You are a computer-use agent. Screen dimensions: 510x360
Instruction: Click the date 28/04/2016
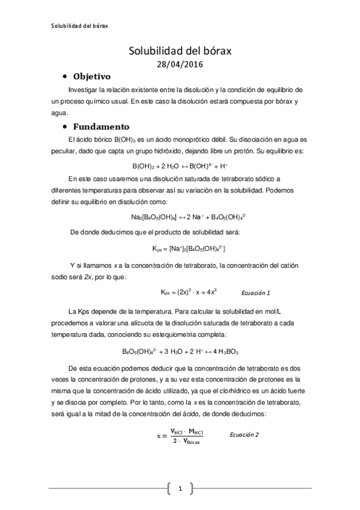(180, 64)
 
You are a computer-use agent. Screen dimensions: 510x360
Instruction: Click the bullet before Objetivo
(64, 78)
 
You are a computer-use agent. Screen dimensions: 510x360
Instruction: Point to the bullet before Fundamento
(64, 127)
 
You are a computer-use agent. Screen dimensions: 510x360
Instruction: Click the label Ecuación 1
(255, 292)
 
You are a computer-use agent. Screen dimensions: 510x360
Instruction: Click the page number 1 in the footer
(180, 489)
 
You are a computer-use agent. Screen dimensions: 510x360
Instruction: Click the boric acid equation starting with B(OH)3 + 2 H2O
(180, 166)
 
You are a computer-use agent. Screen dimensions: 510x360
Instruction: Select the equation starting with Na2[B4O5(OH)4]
(180, 217)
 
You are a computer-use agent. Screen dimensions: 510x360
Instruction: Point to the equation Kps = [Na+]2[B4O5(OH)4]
(180, 248)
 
